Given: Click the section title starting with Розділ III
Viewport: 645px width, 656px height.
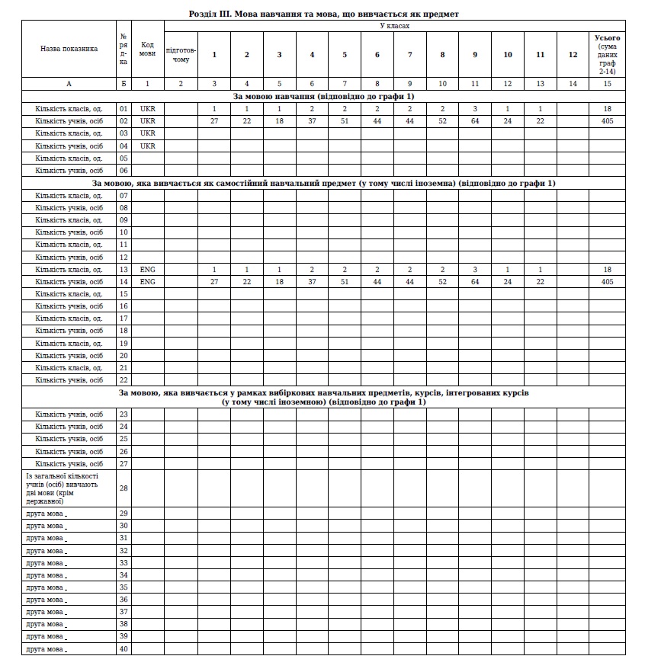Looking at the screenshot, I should tap(323, 14).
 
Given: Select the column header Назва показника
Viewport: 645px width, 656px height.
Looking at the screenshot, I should tap(69, 49).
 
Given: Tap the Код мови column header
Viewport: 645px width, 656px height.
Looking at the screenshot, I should tap(148, 49).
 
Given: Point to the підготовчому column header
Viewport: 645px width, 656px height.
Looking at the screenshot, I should tap(181, 54).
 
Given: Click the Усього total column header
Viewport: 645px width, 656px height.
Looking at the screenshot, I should tap(607, 54).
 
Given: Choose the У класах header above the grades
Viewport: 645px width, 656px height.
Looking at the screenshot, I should tap(394, 26).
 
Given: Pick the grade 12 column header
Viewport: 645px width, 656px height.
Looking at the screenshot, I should tap(573, 54).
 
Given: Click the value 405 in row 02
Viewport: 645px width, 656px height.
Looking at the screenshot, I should tap(607, 121).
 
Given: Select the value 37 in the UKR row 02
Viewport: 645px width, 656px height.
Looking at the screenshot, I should tap(313, 121).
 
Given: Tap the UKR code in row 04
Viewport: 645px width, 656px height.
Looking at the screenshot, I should tap(148, 146).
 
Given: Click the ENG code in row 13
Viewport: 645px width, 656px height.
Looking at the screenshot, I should tap(148, 270).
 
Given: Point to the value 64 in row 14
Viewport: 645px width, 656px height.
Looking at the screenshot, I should tap(475, 282).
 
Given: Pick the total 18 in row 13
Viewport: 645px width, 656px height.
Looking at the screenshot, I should tap(607, 270).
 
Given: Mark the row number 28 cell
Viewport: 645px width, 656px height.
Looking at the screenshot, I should tap(124, 488).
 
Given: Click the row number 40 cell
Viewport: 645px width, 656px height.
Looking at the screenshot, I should tap(124, 649).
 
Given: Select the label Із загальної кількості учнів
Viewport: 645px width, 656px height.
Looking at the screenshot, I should tap(69, 488).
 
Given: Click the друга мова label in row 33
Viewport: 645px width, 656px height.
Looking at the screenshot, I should tap(46, 563).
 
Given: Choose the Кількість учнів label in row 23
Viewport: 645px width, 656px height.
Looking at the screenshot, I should tap(69, 414).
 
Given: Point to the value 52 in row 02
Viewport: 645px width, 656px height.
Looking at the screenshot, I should tap(443, 121).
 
